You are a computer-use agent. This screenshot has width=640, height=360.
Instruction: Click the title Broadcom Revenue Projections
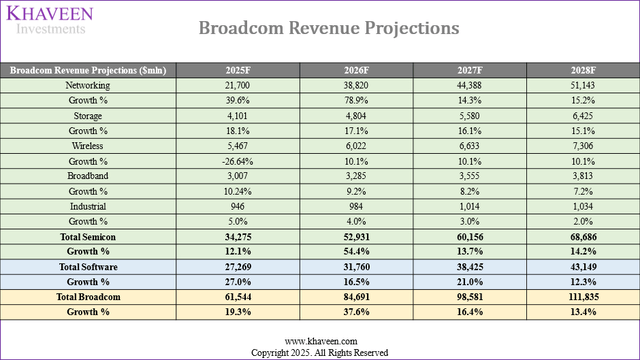pyautogui.click(x=329, y=28)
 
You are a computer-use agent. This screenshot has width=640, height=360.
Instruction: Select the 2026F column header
pyautogui.click(x=357, y=70)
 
